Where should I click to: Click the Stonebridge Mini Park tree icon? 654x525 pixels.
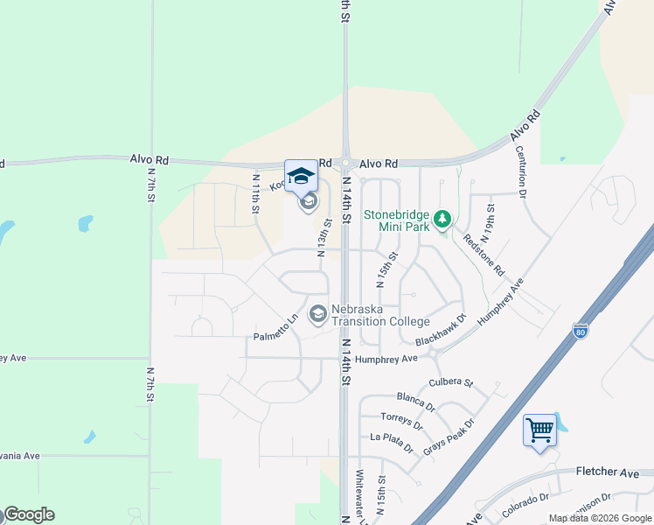pos(443,218)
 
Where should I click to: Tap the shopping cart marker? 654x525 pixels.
pos(539,430)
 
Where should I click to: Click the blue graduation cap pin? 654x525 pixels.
pos(301,176)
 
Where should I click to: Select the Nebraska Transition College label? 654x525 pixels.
pos(380,314)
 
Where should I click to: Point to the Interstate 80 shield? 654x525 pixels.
pos(581,330)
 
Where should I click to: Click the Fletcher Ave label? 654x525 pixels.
pos(607,472)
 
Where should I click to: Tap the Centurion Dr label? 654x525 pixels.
pos(521,173)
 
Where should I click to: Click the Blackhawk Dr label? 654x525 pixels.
pos(442,330)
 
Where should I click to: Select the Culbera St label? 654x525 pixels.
pos(450,383)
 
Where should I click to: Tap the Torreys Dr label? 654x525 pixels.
pos(402,422)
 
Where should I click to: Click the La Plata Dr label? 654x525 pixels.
pos(392,443)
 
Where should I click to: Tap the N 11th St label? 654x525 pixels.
pos(256,192)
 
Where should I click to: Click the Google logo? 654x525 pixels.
pos(29,514)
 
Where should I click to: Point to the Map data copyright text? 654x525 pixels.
pos(598,518)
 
